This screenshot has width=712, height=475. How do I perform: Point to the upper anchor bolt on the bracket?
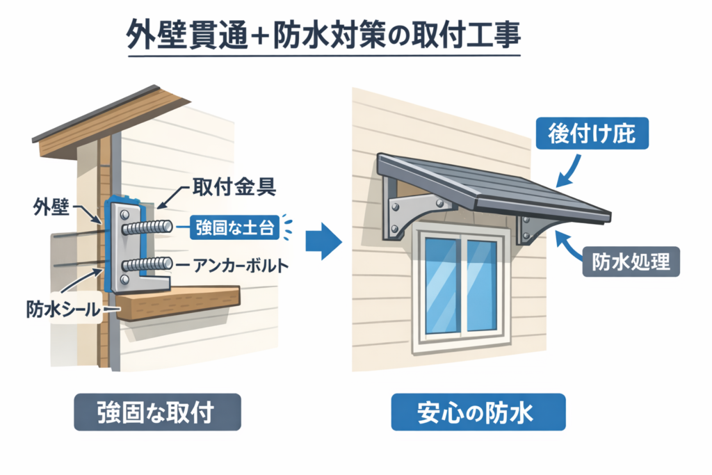[147, 227]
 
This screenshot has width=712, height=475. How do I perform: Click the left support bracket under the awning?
[411, 208]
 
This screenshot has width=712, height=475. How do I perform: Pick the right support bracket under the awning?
[532, 227]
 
